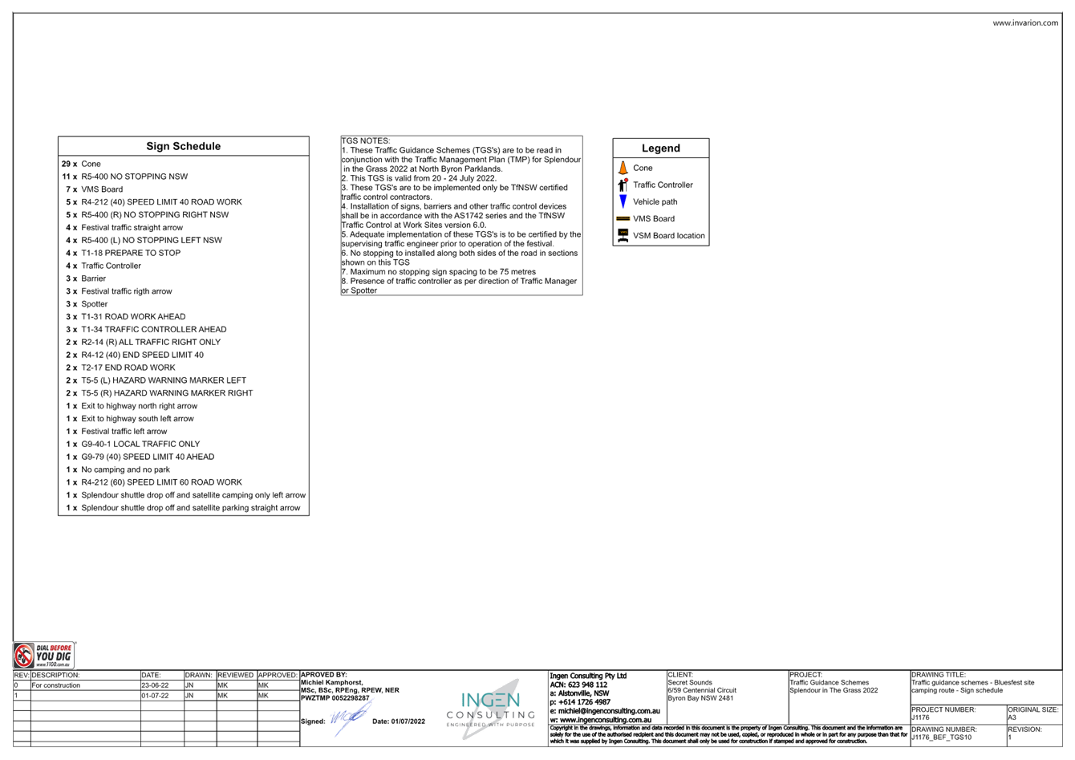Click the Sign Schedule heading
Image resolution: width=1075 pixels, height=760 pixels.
pyautogui.click(x=184, y=146)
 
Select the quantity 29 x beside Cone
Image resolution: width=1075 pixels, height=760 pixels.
pyautogui.click(x=69, y=164)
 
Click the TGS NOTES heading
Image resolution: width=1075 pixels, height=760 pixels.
pyautogui.click(x=366, y=140)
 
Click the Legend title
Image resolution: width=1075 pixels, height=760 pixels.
pyautogui.click(x=661, y=148)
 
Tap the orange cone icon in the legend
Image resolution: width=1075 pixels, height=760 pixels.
pyautogui.click(x=623, y=168)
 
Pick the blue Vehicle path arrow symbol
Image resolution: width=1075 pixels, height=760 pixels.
pyautogui.click(x=623, y=201)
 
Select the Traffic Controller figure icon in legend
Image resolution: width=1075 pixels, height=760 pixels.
pyautogui.click(x=623, y=185)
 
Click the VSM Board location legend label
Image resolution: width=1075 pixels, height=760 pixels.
pyautogui.click(x=668, y=236)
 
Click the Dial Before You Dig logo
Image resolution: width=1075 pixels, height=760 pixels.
pyautogui.click(x=43, y=656)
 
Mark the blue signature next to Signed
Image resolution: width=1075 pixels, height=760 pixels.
pyautogui.click(x=351, y=717)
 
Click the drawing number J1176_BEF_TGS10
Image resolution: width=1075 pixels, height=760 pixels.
pyautogui.click(x=942, y=738)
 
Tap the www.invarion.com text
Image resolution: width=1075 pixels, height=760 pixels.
pyautogui.click(x=1025, y=22)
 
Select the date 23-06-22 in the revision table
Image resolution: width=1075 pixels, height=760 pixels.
pyautogui.click(x=155, y=685)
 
